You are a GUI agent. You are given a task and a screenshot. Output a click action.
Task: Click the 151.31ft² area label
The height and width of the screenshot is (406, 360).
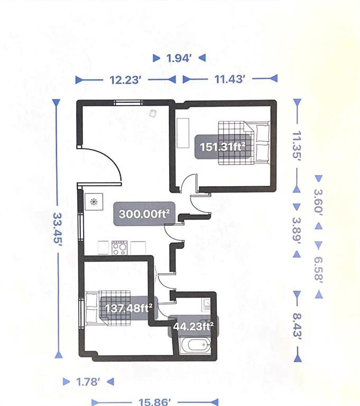click(x=222, y=146)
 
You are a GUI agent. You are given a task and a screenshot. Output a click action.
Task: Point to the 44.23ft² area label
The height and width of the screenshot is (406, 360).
click(x=193, y=326)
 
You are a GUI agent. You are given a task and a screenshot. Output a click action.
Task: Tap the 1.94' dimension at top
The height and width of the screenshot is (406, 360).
click(x=178, y=58)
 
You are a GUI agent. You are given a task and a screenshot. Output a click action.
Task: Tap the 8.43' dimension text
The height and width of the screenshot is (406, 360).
click(x=297, y=326)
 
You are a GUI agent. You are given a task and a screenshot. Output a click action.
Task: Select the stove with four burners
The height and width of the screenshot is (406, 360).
click(x=119, y=247)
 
